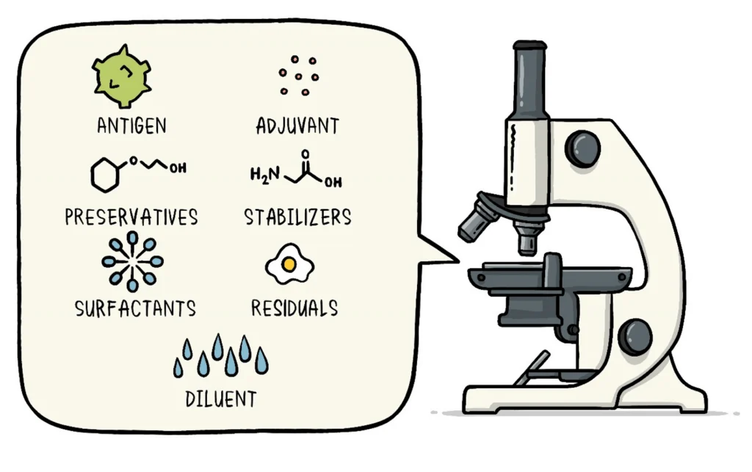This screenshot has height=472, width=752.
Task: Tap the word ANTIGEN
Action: pyautogui.click(x=131, y=126)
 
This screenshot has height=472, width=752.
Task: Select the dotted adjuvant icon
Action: pyautogui.click(x=298, y=75)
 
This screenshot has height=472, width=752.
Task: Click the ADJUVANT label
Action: pyautogui.click(x=297, y=126)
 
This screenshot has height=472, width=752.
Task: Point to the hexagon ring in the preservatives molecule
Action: pyautogui.click(x=105, y=175)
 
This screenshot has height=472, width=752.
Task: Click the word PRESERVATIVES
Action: pyautogui.click(x=131, y=217)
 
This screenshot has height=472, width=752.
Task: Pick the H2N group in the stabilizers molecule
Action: pyautogui.click(x=264, y=175)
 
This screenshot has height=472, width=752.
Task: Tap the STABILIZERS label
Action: pyautogui.click(x=297, y=217)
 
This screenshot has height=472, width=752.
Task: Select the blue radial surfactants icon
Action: pyautogui.click(x=132, y=261)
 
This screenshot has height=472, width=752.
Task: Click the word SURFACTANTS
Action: pyautogui.click(x=136, y=308)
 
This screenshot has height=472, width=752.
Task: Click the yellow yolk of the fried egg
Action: pyautogui.click(x=289, y=262)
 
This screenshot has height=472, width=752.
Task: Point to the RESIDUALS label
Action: pyautogui.click(x=294, y=308)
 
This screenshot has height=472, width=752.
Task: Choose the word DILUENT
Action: pyautogui.click(x=221, y=399)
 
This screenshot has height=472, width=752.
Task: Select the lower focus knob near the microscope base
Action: pyautogui.click(x=634, y=336)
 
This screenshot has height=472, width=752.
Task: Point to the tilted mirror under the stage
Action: pyautogui.click(x=532, y=368)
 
